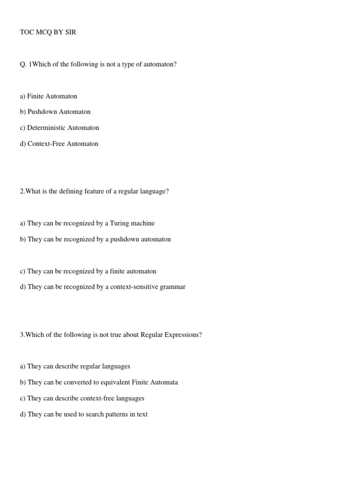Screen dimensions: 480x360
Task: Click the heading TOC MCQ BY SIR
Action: tap(48, 32)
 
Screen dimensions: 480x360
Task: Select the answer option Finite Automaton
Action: tap(48, 96)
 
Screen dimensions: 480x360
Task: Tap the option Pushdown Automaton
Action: tap(55, 112)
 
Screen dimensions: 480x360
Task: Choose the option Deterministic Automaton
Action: tap(59, 128)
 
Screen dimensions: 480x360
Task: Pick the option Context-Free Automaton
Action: tap(59, 144)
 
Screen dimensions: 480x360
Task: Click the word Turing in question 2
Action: tap(120, 224)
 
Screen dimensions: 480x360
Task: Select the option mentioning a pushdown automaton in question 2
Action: tap(95, 240)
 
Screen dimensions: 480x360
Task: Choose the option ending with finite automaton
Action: tap(88, 271)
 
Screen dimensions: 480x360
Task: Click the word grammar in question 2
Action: tap(174, 287)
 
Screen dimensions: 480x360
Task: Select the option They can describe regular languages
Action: tap(75, 367)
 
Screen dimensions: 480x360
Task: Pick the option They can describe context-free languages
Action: tap(82, 398)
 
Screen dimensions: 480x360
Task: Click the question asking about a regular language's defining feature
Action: tap(94, 192)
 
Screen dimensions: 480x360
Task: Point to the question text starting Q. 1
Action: tap(98, 64)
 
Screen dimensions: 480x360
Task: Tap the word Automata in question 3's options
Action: tap(164, 382)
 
